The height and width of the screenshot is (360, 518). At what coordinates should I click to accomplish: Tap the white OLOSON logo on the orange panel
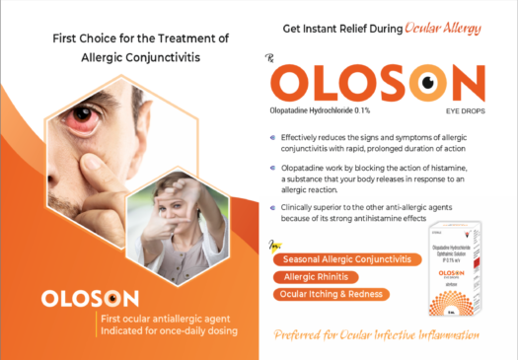coord(90,297)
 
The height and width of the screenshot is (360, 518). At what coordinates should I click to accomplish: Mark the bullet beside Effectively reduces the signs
coord(271,137)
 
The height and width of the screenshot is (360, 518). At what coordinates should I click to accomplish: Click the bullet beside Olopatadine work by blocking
coord(271,168)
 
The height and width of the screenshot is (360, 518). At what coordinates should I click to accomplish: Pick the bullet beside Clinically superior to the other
coord(271,208)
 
